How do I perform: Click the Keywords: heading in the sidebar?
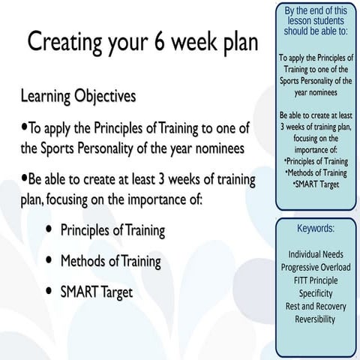(315, 228)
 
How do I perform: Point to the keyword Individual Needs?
(315, 253)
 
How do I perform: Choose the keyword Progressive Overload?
(315, 265)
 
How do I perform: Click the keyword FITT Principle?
(315, 277)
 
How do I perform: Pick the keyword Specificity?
(315, 289)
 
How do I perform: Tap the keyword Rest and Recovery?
(315, 301)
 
